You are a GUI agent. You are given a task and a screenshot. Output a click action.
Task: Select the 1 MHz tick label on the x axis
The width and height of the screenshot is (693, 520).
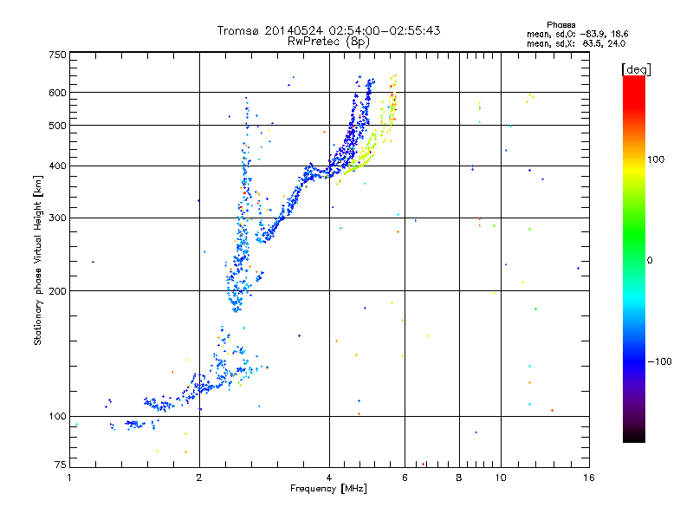click(69, 477)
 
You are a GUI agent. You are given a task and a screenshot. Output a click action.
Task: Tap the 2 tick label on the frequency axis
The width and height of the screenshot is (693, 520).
click(199, 477)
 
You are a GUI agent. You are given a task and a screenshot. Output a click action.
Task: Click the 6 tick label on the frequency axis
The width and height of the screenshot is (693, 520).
click(405, 477)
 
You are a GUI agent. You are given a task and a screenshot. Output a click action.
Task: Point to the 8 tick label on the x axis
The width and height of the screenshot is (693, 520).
click(459, 477)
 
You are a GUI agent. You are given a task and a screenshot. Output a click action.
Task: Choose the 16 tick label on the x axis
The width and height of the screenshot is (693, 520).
click(587, 477)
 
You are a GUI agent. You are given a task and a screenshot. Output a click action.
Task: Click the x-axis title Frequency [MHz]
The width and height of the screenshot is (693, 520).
click(328, 489)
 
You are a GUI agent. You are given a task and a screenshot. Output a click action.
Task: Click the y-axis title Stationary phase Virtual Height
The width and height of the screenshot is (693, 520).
click(38, 260)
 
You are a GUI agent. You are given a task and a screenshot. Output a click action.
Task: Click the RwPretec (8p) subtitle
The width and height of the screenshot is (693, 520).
click(328, 41)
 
